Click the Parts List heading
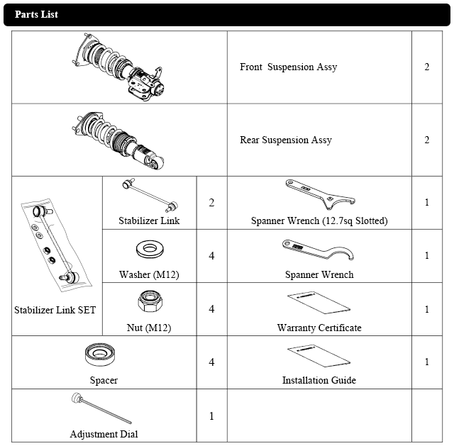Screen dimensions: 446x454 pyautogui.click(x=36, y=14)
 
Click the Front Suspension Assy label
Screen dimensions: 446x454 pyautogui.click(x=288, y=67)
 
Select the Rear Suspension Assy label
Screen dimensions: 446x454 pyautogui.click(x=286, y=140)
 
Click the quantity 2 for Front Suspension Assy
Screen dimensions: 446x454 pyautogui.click(x=427, y=67)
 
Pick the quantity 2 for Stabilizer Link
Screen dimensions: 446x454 pyautogui.click(x=211, y=203)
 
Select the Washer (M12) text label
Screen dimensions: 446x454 pyautogui.click(x=149, y=274)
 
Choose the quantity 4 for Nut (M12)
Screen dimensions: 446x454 pyautogui.click(x=211, y=309)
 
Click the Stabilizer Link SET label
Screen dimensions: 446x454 pyautogui.click(x=55, y=310)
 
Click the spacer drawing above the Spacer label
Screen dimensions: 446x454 pyautogui.click(x=104, y=354)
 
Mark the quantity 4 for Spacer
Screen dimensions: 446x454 pyautogui.click(x=211, y=362)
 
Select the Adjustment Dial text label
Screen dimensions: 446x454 pyautogui.click(x=104, y=434)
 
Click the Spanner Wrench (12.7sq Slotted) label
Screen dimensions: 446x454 pyautogui.click(x=319, y=221)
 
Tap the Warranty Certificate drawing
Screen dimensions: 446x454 pyautogui.click(x=319, y=303)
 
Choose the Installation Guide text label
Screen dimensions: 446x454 pyautogui.click(x=319, y=380)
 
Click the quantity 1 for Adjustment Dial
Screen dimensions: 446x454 pyautogui.click(x=211, y=416)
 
